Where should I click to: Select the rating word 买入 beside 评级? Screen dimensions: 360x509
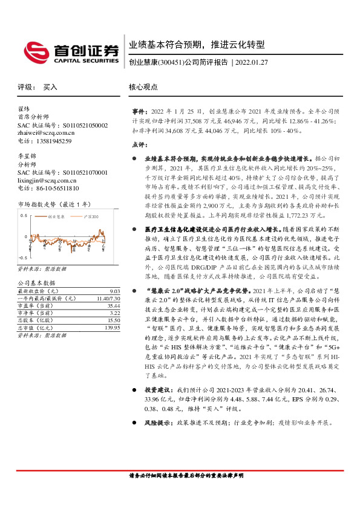50,87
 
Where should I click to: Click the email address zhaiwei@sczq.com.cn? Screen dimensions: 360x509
46,133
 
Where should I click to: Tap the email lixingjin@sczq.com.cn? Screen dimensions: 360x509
47,180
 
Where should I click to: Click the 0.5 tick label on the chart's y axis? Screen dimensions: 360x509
24,215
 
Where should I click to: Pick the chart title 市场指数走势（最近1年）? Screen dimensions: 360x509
54,204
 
